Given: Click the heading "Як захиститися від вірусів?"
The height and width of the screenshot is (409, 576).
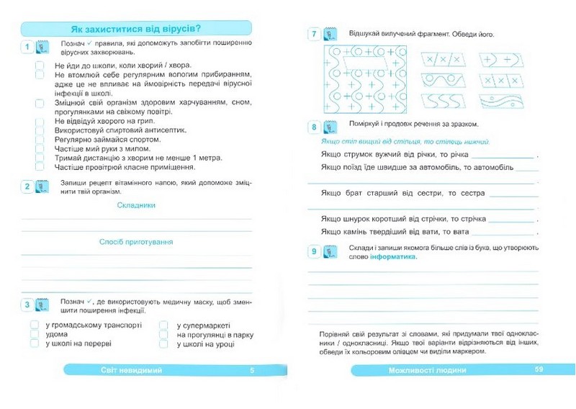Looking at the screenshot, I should (x=136, y=29).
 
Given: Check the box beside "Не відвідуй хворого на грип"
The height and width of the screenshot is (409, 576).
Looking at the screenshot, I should (x=40, y=121).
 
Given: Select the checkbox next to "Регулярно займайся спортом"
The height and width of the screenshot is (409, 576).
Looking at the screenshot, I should (x=40, y=140).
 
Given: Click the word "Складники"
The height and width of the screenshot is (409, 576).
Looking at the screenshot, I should (x=136, y=205).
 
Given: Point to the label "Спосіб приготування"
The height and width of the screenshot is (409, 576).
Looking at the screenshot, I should (x=136, y=242).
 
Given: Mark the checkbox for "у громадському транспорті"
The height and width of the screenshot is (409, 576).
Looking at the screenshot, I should (x=35, y=325).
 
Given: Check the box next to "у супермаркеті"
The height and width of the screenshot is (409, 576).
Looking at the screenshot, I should (x=164, y=325).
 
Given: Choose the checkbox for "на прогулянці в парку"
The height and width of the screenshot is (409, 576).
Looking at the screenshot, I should (x=164, y=335).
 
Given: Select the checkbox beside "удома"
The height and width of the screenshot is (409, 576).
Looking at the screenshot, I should (x=35, y=335).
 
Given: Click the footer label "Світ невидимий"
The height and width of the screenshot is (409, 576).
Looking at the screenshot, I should (x=132, y=370).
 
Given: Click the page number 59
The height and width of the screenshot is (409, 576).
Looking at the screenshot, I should (x=539, y=370).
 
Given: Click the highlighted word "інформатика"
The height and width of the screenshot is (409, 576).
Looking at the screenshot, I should (x=393, y=257).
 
